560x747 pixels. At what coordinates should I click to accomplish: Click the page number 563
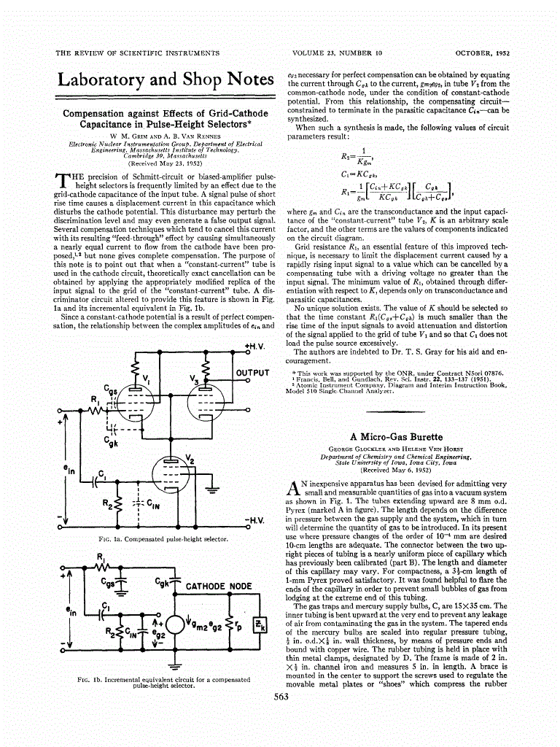coord(281,697)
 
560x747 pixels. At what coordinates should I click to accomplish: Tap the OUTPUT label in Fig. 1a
coord(252,373)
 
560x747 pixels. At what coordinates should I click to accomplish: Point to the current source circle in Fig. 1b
coord(176,626)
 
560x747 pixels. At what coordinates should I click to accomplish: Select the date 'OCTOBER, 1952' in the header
coord(482,53)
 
